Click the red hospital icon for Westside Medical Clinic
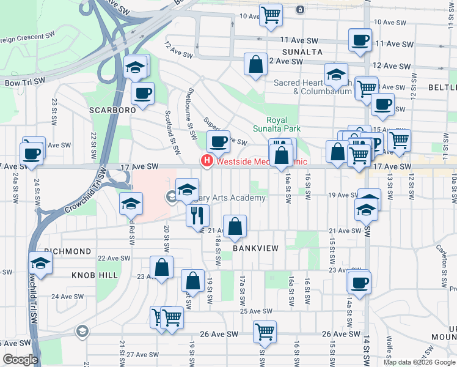point(207,161)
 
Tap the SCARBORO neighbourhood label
point(112,110)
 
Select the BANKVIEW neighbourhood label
point(255,248)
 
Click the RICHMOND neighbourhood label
point(67,251)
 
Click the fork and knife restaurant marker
point(198,215)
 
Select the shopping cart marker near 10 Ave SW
point(271,15)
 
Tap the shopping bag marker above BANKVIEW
point(235,226)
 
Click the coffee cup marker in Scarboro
point(142,94)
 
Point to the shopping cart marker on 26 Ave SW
point(265,332)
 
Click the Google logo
point(20,360)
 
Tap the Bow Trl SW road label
point(23,81)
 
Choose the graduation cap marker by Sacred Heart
point(336,75)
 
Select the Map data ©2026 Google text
point(419,362)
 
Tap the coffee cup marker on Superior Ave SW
point(218,142)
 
